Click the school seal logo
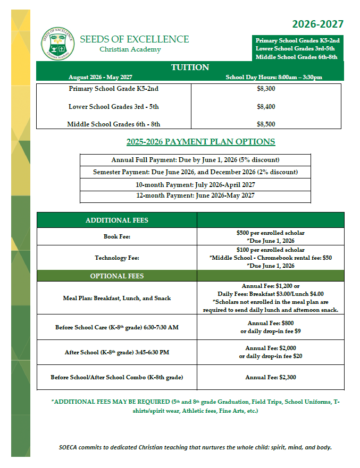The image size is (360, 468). pos(57,44)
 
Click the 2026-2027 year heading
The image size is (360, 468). pos(317,24)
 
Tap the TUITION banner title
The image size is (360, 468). pos(190,67)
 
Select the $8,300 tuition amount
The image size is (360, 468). pos(266,89)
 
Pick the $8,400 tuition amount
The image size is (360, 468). pos(266,107)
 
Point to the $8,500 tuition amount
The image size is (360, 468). pos(266,124)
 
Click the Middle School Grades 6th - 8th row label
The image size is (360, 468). pos(114,124)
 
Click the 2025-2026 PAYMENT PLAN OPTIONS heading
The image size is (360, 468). pos(200,142)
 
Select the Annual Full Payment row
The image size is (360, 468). pos(195,160)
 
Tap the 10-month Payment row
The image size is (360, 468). pos(195,184)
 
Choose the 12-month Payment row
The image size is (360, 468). pos(195,196)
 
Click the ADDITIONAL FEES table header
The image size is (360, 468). pos(117,220)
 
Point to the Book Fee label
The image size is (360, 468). pos(117,236)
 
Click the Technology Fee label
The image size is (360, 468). pos(117,258)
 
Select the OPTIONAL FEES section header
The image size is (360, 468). pos(117,276)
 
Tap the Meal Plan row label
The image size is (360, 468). pos(117,298)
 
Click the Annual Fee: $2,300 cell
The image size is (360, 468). pos(271,378)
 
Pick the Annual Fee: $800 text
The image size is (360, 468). pos(271,323)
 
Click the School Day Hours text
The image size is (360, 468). pos(274,77)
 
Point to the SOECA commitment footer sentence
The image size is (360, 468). pos(195,447)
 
